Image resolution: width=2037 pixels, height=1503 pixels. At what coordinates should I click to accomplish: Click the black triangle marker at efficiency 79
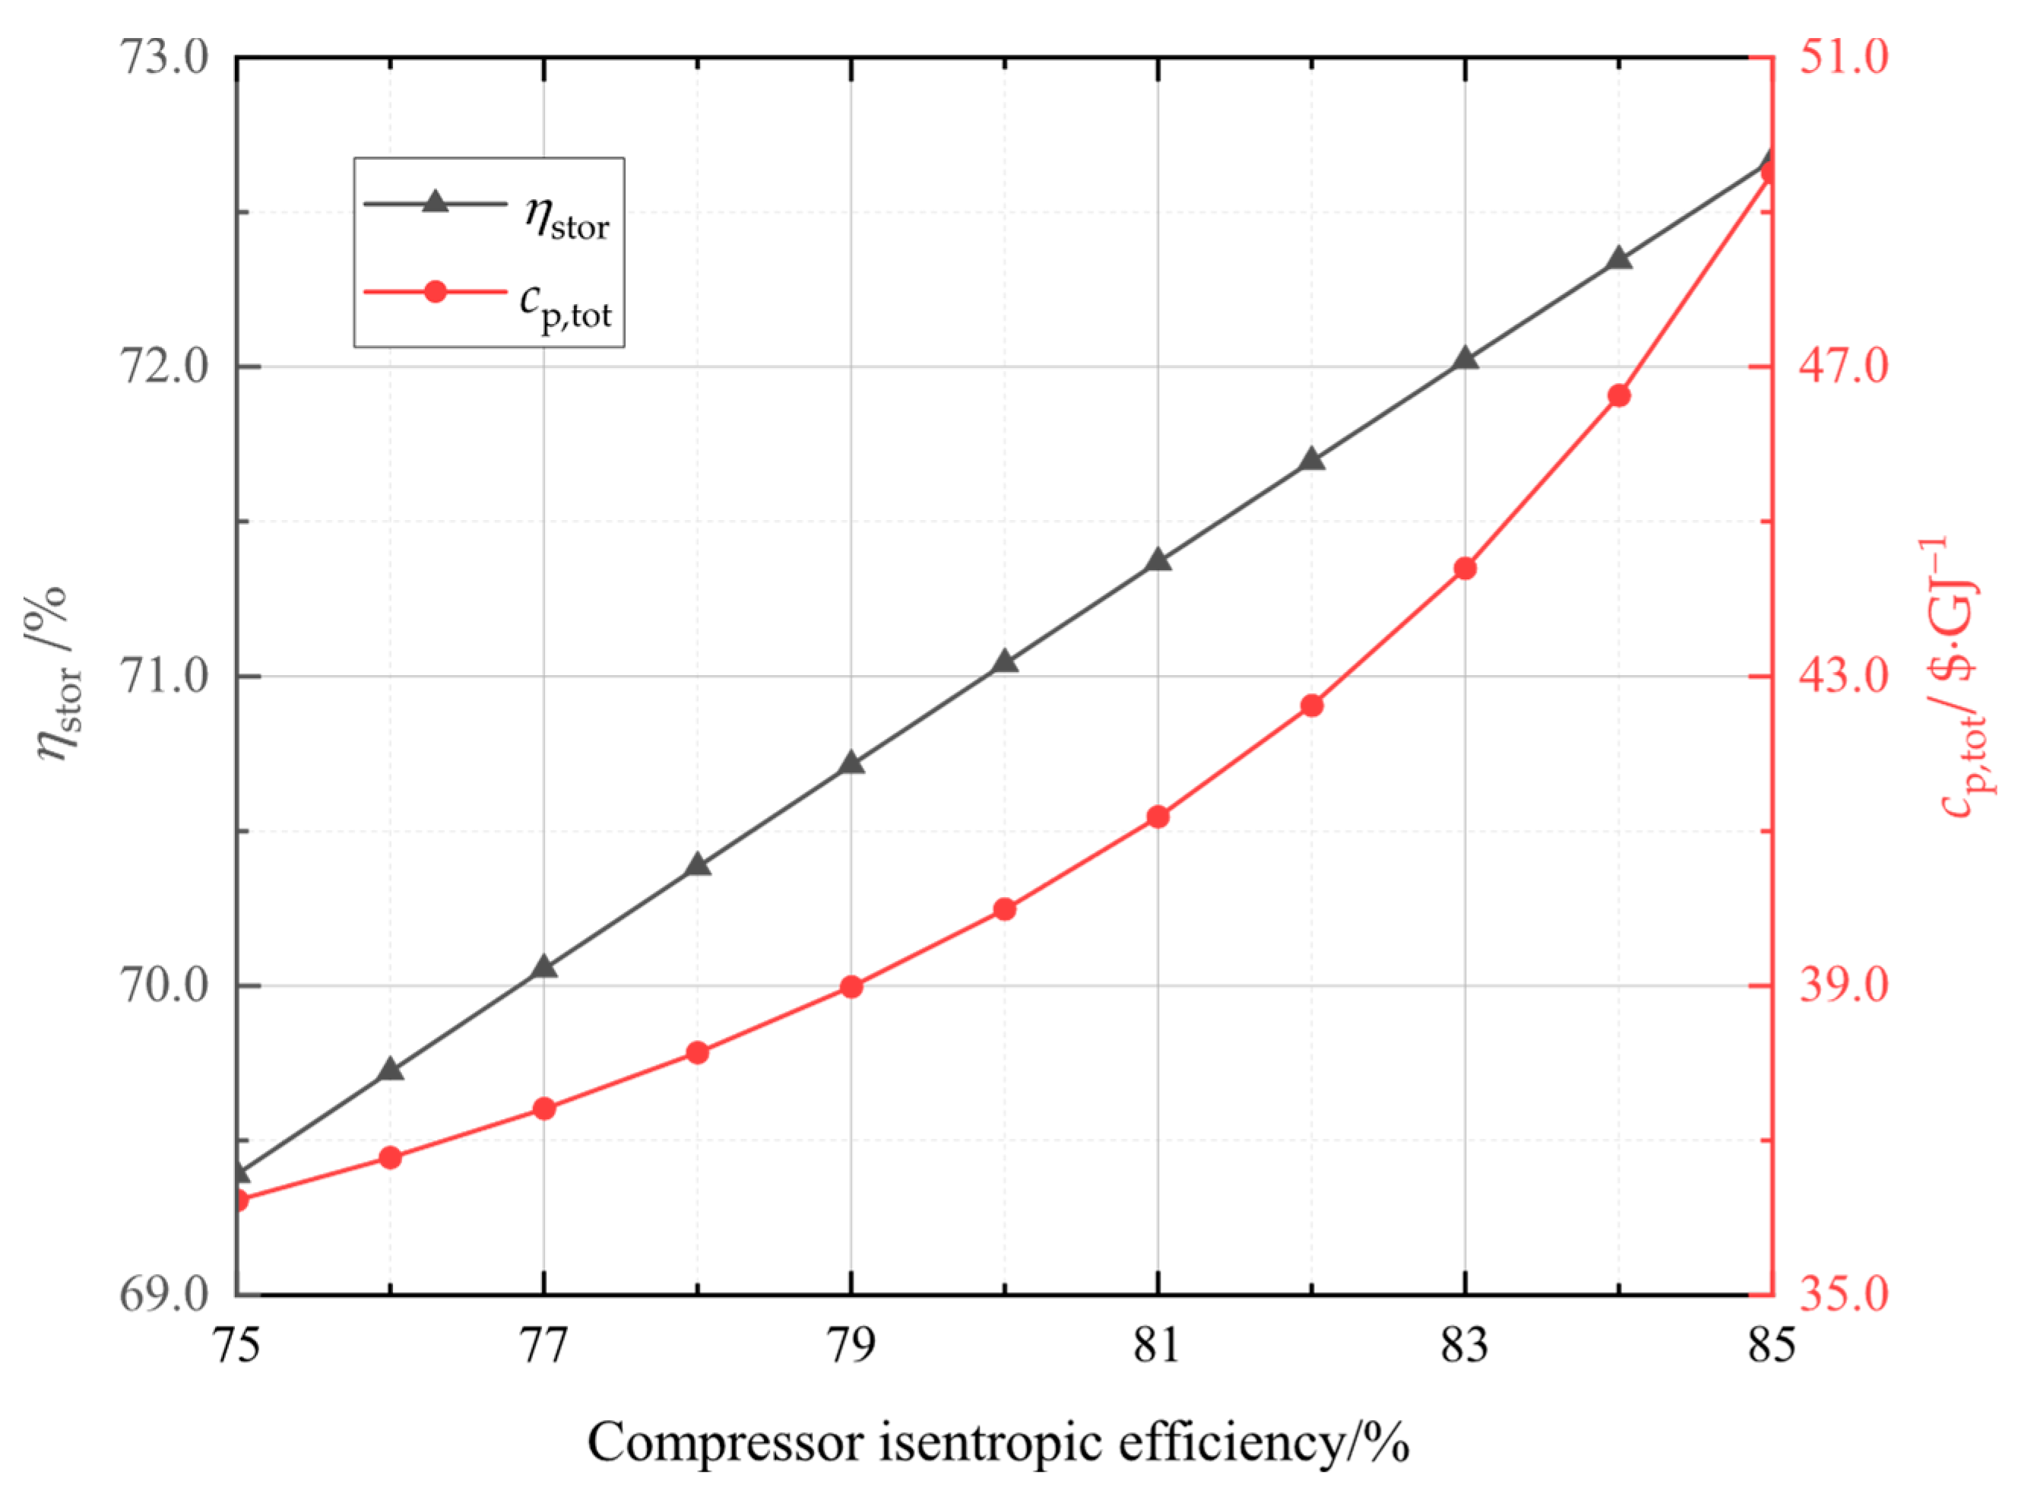coord(851,763)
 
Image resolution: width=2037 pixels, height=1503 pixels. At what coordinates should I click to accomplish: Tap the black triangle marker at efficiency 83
coord(1465,360)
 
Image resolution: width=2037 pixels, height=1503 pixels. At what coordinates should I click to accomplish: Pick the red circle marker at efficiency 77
coord(543,1108)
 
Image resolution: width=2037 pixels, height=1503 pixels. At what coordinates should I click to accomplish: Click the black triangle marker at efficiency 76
coord(391,1069)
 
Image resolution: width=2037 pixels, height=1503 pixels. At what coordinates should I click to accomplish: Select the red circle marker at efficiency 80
coord(1004,910)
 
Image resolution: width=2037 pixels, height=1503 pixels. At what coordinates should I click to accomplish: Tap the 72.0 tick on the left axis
coord(163,367)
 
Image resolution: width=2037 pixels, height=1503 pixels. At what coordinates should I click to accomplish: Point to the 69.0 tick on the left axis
coord(163,1294)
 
